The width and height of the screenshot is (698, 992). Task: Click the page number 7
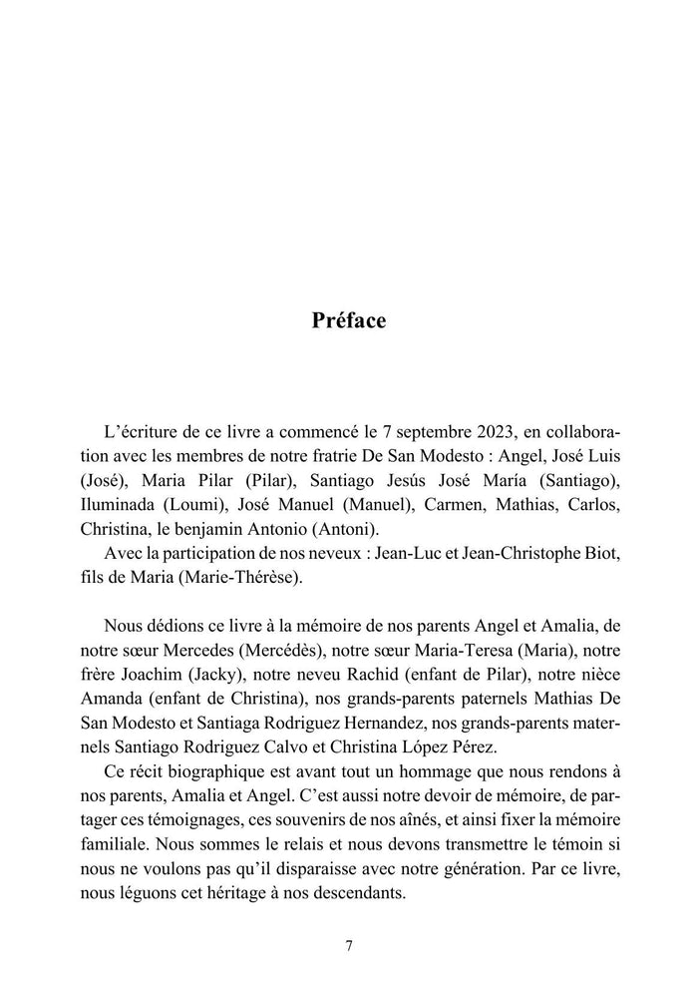[349, 947]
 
